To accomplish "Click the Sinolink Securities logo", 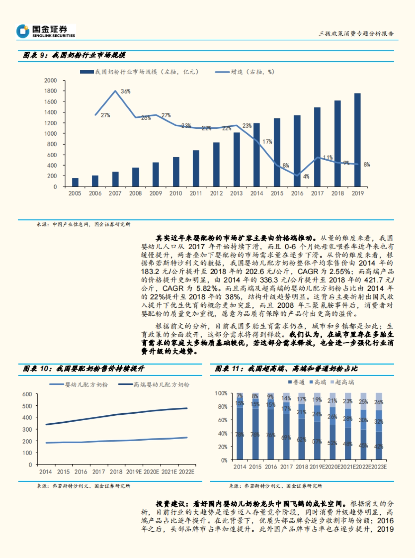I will click(x=46, y=31).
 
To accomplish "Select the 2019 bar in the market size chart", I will click(x=357, y=140).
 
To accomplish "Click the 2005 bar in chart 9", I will click(x=75, y=182).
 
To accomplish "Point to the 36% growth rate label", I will click(x=126, y=91).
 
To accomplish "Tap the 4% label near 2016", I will click(x=306, y=177).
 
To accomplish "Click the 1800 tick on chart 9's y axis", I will click(x=50, y=91).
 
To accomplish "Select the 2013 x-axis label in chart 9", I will click(x=236, y=193).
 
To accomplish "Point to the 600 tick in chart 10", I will click(x=27, y=394).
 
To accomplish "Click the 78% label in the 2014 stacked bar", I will click(x=239, y=434).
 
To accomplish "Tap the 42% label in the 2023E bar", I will click(x=379, y=447).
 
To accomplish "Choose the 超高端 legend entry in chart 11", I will click(x=344, y=382).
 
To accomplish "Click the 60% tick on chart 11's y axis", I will click(x=222, y=420).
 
